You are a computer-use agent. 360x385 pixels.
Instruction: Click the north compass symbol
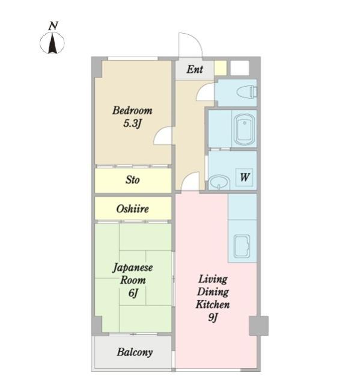(52, 43)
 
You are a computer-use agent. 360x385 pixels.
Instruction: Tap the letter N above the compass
(53, 26)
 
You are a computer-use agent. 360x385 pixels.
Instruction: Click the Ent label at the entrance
(195, 69)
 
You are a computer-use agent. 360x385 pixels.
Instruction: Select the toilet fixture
(247, 92)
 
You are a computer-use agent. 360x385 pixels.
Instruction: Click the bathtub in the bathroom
(244, 129)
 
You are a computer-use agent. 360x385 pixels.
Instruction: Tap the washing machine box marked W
(244, 177)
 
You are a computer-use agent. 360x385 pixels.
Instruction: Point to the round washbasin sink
(219, 182)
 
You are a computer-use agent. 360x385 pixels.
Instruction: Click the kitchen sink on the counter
(242, 246)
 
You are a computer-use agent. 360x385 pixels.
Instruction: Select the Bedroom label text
(132, 111)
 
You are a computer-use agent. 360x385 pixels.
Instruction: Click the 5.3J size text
(132, 123)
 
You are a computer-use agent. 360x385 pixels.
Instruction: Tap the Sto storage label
(132, 180)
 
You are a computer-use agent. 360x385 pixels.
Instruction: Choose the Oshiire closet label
(132, 209)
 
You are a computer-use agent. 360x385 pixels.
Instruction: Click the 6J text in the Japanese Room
(133, 293)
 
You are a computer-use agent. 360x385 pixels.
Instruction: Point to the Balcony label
(135, 352)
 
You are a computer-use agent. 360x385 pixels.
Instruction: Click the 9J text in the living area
(213, 318)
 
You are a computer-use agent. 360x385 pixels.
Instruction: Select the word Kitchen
(213, 304)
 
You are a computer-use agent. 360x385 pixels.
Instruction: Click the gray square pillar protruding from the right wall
(258, 325)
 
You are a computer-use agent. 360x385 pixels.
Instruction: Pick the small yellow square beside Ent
(221, 68)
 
